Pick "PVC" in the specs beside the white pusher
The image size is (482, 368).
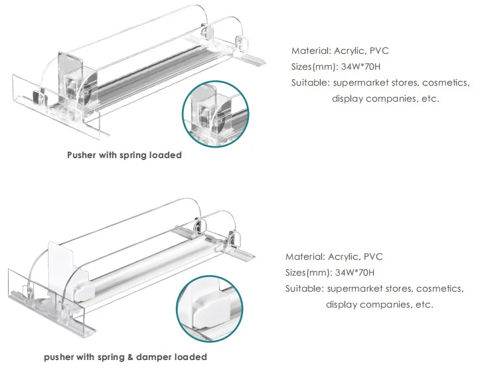click(x=374, y=256)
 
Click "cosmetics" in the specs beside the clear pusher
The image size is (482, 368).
click(x=445, y=82)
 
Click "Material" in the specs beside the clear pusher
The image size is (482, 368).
click(x=310, y=50)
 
